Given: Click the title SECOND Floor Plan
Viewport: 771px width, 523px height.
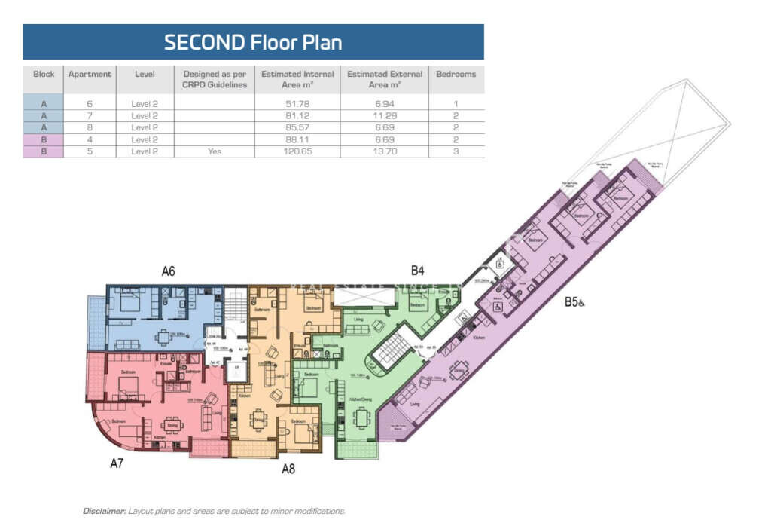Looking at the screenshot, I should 253,42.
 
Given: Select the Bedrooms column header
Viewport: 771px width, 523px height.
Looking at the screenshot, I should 456,75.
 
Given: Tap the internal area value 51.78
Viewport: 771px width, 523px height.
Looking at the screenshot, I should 297,102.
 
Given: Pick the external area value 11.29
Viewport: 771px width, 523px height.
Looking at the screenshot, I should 384,115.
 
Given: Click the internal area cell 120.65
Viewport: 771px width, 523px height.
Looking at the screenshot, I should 297,151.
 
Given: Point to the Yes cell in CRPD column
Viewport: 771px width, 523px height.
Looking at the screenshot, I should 215,151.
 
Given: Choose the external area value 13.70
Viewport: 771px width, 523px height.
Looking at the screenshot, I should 384,151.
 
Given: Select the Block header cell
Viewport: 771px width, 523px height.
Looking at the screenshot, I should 44,75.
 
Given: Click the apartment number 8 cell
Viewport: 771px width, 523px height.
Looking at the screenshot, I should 90,127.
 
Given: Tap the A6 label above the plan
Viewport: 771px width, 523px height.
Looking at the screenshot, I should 168,271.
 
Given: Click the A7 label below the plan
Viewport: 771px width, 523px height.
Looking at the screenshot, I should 117,463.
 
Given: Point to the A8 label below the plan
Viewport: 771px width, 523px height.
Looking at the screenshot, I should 288,469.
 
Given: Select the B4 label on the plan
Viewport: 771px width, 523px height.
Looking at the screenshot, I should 418,270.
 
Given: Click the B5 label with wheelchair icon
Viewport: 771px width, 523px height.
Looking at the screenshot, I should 575,303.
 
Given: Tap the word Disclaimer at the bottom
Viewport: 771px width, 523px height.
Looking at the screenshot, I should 104,511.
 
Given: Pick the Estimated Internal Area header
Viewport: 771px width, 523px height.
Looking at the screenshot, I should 297,79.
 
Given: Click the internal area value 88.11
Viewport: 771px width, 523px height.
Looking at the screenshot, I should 297,139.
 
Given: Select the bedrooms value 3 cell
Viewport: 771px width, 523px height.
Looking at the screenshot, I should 456,151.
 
